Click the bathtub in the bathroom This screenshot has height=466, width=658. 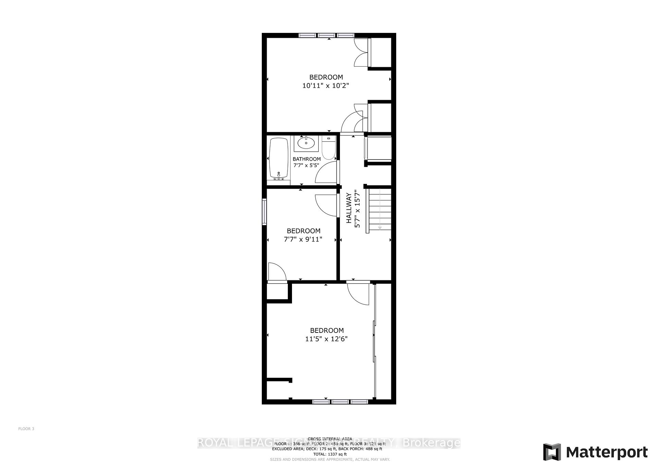click(x=279, y=159)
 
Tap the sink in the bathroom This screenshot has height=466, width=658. click(x=306, y=142)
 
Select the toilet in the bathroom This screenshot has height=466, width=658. click(x=328, y=149)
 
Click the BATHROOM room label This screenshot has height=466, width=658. click(x=307, y=159)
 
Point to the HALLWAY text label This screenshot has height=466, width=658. click(x=349, y=208)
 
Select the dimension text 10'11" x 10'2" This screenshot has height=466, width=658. click(x=325, y=86)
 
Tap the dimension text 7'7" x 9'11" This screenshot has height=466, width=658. click(x=303, y=239)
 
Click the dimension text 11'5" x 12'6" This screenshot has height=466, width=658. click(x=326, y=339)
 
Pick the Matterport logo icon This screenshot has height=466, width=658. click(x=552, y=452)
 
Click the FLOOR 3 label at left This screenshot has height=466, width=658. click(x=26, y=429)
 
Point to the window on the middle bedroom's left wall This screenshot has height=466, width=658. click(x=264, y=212)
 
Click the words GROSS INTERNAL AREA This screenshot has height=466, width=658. click(x=330, y=439)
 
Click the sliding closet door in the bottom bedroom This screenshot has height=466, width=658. click(x=374, y=341)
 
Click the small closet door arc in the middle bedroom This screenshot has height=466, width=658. click(x=277, y=272)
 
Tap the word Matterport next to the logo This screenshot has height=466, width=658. click(x=607, y=452)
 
